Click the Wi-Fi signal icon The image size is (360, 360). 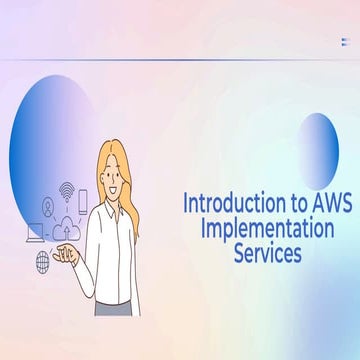[x=67, y=188]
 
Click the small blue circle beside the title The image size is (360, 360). [x=318, y=150]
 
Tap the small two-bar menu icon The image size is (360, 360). [x=344, y=41]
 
